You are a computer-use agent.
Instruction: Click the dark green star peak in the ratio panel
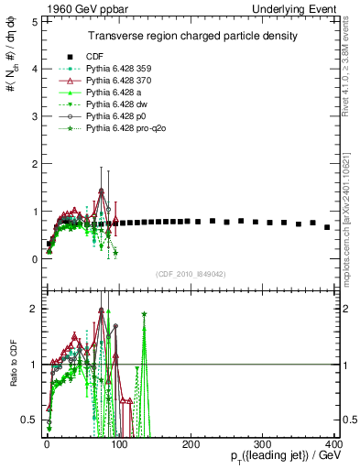[x=144, y=314]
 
